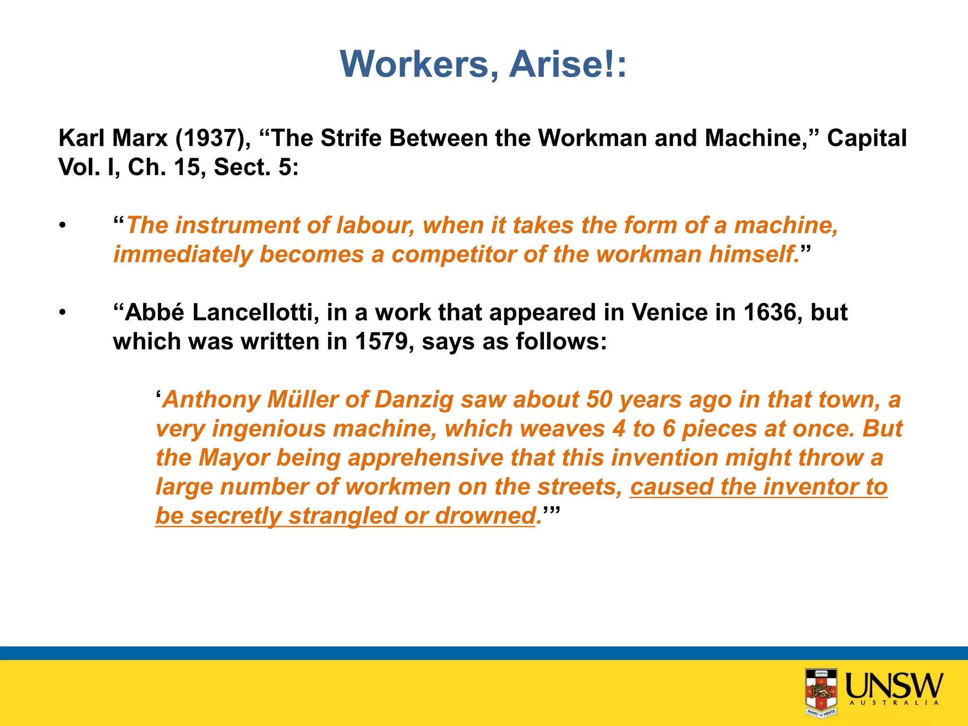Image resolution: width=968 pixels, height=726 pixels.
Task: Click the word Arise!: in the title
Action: (568, 64)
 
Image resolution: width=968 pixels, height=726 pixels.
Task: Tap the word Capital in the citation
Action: (867, 138)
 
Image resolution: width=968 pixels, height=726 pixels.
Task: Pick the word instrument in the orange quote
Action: (237, 225)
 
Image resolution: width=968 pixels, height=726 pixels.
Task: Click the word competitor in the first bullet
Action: (453, 254)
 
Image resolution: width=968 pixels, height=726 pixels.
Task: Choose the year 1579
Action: (381, 342)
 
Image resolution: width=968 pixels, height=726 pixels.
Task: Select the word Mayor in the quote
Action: (234, 458)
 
